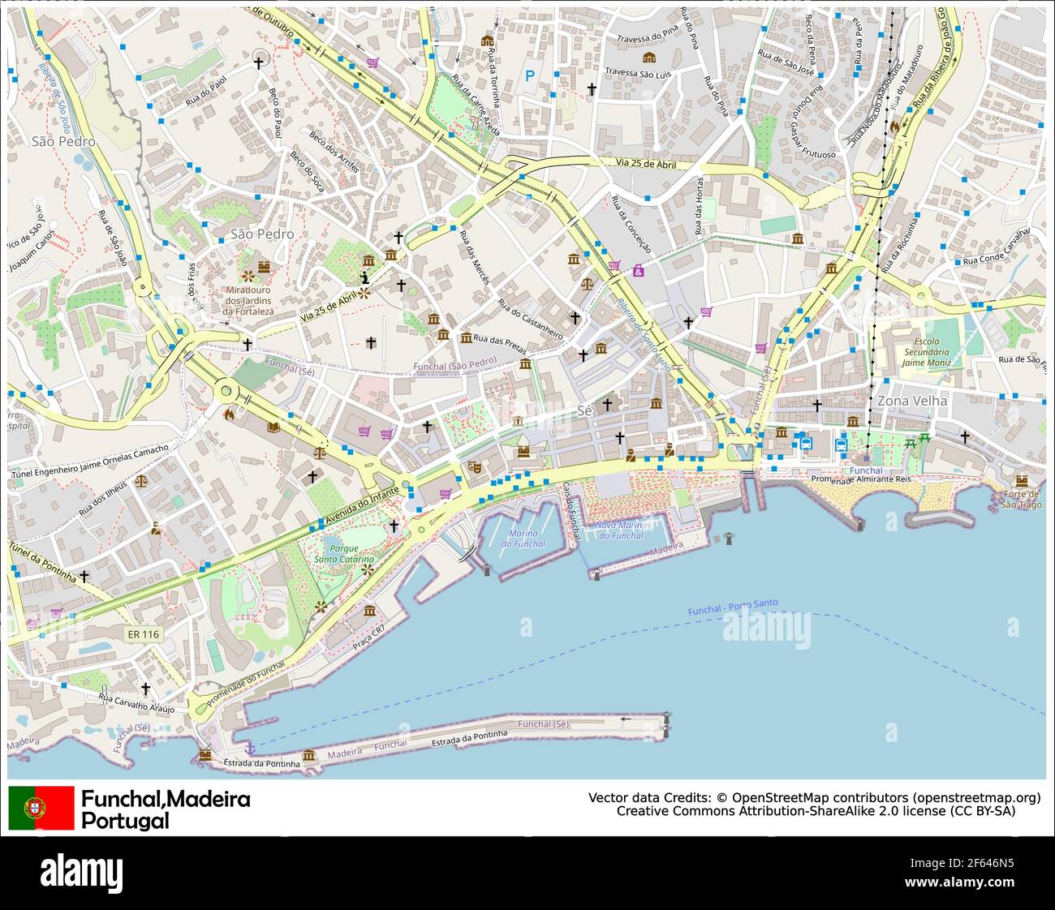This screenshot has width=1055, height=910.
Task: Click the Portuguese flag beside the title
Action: [x=41, y=808]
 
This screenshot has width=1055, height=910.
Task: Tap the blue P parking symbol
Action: [x=530, y=76]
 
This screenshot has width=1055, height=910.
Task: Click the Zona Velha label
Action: [x=911, y=401]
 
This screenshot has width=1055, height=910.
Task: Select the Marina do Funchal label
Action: [x=523, y=538]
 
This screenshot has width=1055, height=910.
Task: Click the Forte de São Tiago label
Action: [x=1020, y=499]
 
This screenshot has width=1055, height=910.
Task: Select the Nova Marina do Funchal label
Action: [x=620, y=530]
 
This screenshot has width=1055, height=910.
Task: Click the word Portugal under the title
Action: [x=125, y=820]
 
